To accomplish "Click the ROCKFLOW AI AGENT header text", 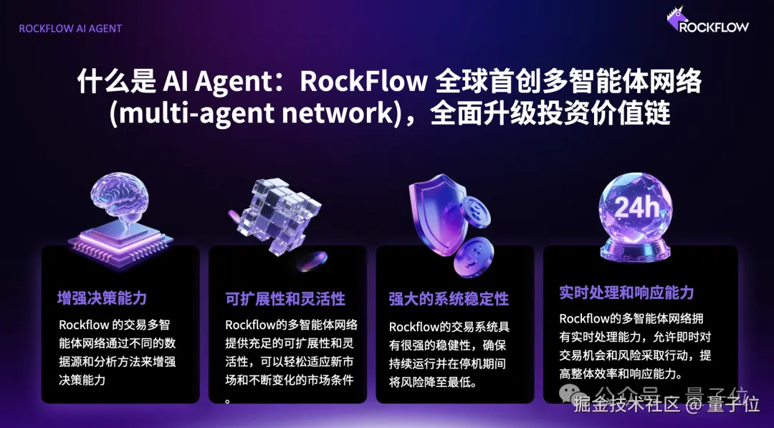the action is tap(70, 29).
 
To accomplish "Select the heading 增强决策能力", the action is tap(102, 298).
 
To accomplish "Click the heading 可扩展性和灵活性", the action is tap(285, 298).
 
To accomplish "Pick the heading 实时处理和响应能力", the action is tap(626, 293).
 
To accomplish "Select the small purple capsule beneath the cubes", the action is tap(312, 260).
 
